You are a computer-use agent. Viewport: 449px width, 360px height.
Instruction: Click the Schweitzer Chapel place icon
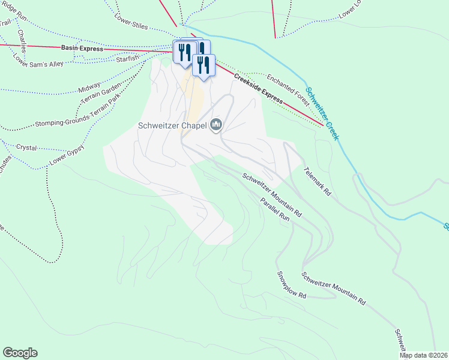[216, 125]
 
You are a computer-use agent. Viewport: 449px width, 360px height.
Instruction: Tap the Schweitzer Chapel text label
[172, 126]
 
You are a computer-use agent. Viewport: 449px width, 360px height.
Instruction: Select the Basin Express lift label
[82, 47]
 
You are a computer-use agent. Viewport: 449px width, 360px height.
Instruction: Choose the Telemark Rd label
[317, 181]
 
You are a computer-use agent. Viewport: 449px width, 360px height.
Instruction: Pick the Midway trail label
[89, 89]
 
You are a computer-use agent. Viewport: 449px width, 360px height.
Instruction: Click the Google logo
[20, 353]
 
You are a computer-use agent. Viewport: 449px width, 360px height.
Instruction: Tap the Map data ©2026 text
[424, 355]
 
